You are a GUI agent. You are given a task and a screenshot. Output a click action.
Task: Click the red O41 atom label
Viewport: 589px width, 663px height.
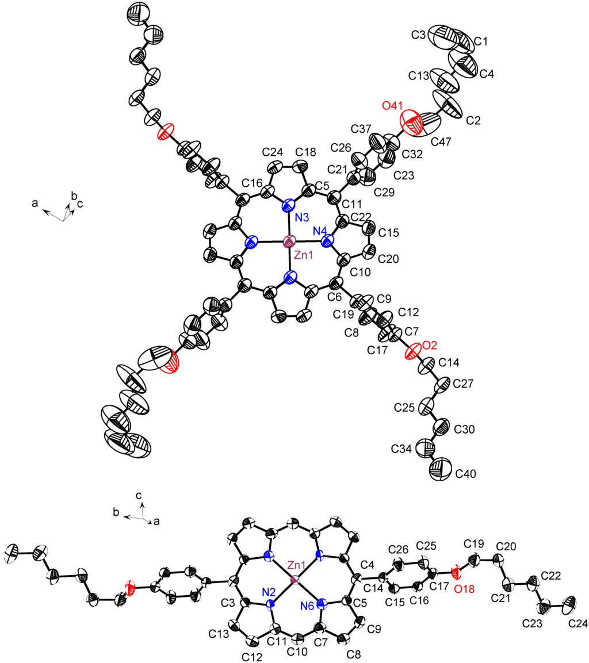(x=394, y=107)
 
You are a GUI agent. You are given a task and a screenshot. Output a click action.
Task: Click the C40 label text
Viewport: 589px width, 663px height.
(x=466, y=474)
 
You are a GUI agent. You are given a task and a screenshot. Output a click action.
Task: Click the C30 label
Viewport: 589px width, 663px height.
(x=465, y=430)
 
